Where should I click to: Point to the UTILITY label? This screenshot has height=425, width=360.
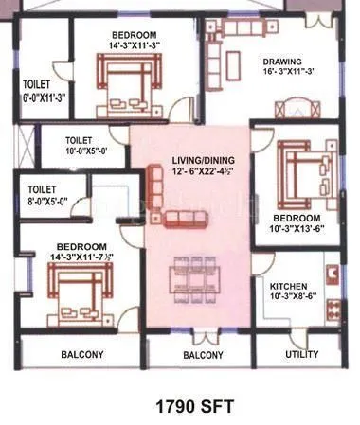tap(302, 355)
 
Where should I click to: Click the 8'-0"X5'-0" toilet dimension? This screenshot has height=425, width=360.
tap(50, 201)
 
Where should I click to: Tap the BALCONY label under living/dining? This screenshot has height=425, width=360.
tap(202, 355)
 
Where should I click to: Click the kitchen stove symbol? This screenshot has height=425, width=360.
tap(332, 275)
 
